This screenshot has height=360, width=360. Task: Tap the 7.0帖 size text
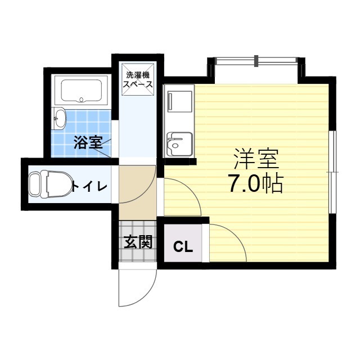[255, 184]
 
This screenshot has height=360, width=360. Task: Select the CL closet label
[182, 246]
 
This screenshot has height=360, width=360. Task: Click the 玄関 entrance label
[138, 242]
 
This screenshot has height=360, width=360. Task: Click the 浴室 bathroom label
[88, 142]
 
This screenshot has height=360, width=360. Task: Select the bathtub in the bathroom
[81, 92]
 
